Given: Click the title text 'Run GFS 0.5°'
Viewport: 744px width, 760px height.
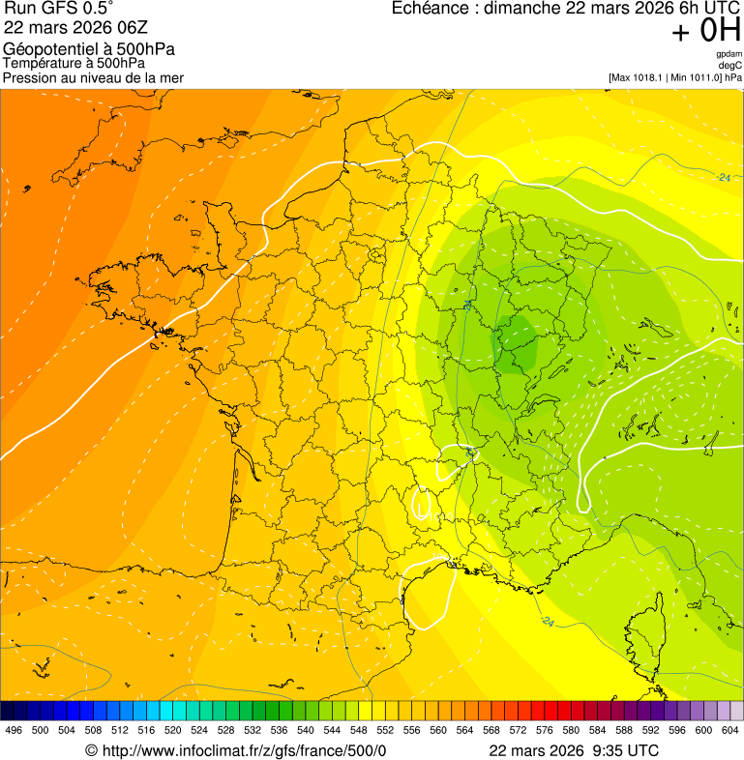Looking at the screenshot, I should (x=58, y=9).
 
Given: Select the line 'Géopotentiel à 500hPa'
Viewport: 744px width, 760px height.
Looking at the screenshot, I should (x=89, y=49).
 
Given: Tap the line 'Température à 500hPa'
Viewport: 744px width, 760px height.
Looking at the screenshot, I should (x=80, y=63).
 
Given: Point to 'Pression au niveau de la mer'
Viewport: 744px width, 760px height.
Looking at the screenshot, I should (x=93, y=77).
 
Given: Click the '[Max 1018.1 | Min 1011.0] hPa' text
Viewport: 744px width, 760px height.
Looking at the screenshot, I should (x=675, y=77).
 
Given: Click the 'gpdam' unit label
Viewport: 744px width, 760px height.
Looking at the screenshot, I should (x=729, y=54).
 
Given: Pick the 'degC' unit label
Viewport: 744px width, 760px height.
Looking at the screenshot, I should (x=730, y=66).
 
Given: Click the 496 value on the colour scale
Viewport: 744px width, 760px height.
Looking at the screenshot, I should (x=14, y=730).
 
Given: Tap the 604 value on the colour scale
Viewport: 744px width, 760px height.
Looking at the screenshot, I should (x=729, y=730).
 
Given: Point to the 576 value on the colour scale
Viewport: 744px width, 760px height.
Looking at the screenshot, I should (x=544, y=730).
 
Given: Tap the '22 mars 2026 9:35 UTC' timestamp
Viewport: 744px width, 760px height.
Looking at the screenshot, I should (x=574, y=750).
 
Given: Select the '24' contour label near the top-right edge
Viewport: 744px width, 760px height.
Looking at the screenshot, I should (x=724, y=177).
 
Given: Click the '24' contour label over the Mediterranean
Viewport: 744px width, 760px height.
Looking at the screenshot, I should (x=548, y=620).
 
